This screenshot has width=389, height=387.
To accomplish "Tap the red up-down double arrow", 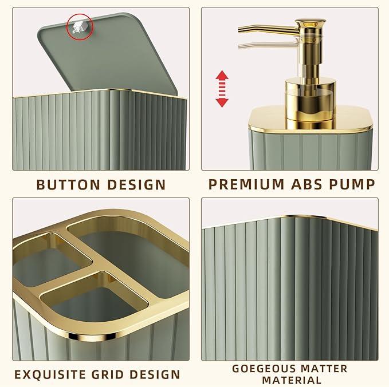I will coord(222,89).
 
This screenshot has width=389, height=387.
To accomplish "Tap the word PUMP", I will coord(356,184).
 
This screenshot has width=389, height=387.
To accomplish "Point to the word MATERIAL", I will coord(292,380).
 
